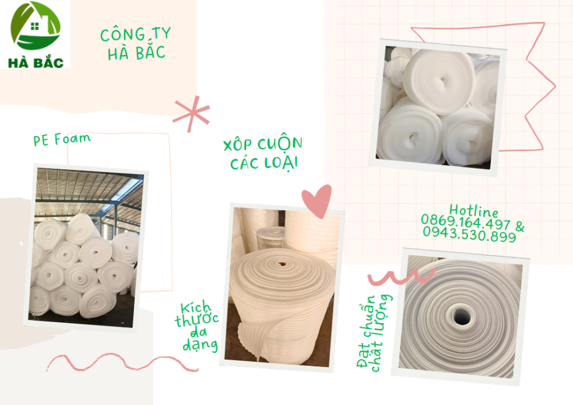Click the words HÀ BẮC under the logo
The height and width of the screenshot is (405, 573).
(x=36, y=63)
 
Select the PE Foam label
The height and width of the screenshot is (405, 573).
(x=62, y=139)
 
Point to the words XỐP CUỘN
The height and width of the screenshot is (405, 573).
(x=263, y=143)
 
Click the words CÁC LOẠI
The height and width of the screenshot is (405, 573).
(x=264, y=163)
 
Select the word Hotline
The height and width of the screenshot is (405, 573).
(x=473, y=211)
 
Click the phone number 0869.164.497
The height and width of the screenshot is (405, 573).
(x=465, y=222)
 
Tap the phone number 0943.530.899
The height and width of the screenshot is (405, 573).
(x=469, y=234)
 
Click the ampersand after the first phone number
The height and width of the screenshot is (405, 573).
(x=519, y=227)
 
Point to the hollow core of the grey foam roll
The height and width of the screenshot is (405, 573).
(x=461, y=317)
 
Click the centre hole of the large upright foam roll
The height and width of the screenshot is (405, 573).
(x=281, y=263)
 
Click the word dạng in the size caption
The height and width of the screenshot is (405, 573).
(x=200, y=345)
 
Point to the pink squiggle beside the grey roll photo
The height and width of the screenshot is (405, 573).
(x=401, y=277)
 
